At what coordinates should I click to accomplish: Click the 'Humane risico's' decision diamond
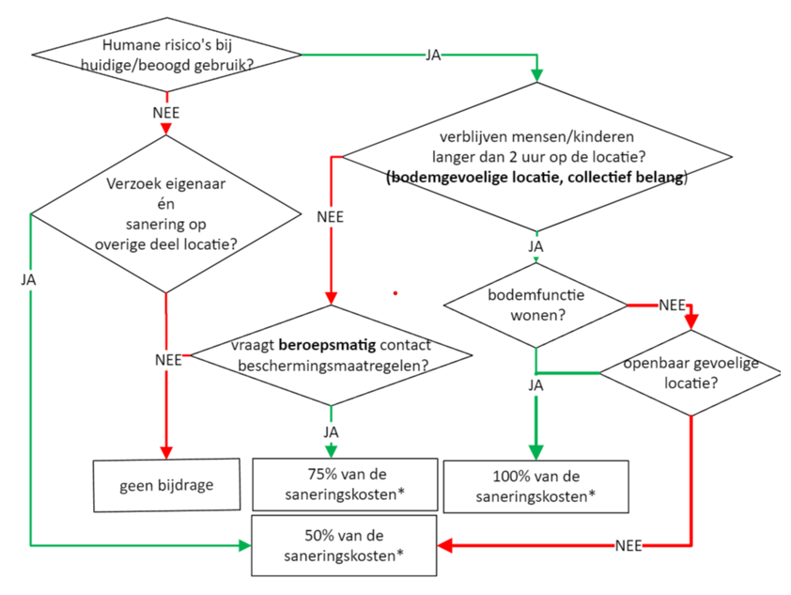coord(167,55)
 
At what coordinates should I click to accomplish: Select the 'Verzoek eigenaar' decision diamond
coord(166,214)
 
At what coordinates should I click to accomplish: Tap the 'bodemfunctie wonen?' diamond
coord(535,304)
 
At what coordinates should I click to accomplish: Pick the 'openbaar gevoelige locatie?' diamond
coord(690,374)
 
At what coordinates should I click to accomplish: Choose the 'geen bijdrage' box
coord(166,485)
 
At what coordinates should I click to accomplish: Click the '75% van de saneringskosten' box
coord(345,484)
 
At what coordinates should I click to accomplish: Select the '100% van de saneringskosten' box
coord(535,485)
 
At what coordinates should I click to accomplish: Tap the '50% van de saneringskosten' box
coord(345,545)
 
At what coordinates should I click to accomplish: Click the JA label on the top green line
coord(433,55)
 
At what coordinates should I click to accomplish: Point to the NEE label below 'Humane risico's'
coord(166,112)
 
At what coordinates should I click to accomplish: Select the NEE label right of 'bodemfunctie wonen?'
coord(672,305)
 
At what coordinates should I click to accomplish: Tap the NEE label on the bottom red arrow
coord(628,545)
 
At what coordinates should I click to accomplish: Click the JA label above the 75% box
coord(331,431)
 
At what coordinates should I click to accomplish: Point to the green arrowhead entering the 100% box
coord(535,452)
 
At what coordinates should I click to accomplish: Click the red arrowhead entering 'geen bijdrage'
coord(166,451)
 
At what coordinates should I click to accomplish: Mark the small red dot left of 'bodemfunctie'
coord(395,293)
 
